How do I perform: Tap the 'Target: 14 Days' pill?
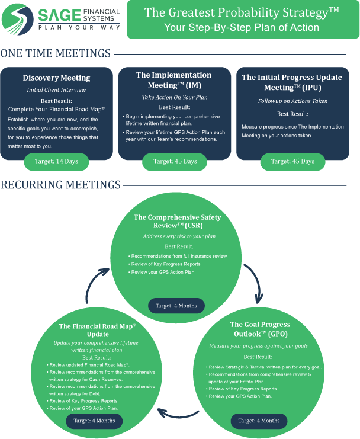click(x=56, y=161)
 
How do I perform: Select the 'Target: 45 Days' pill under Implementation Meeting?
click(x=175, y=161)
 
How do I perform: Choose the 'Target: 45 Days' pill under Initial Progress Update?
click(x=292, y=161)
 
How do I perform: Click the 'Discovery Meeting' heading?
click(x=56, y=78)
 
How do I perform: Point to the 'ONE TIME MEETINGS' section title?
click(x=55, y=54)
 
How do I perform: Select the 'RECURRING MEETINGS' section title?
click(x=60, y=185)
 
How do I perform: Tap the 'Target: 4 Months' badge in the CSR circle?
click(x=176, y=306)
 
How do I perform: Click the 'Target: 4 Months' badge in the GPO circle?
click(x=259, y=420)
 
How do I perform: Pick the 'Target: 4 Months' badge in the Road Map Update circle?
click(x=94, y=420)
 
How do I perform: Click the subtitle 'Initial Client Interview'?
click(x=56, y=90)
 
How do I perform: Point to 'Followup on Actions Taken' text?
click(x=292, y=101)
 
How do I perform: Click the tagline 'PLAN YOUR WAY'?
click(x=79, y=27)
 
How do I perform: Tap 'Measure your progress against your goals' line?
click(x=259, y=345)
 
